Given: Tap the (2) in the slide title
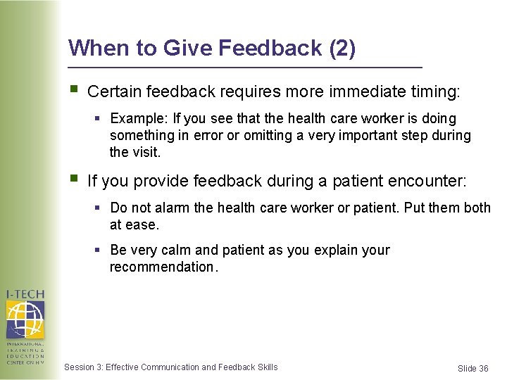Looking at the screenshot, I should tap(342, 48).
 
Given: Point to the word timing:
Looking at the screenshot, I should tap(435, 91).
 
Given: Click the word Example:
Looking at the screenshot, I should tap(135, 119).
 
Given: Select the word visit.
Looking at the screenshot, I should tap(146, 152).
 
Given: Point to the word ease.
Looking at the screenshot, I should tap(143, 225).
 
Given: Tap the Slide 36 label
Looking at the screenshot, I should tap(472, 369).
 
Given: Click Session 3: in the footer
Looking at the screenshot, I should tap(83, 367).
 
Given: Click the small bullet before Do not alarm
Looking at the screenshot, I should tap(99, 208).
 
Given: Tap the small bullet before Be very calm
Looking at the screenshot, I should tap(99, 251).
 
